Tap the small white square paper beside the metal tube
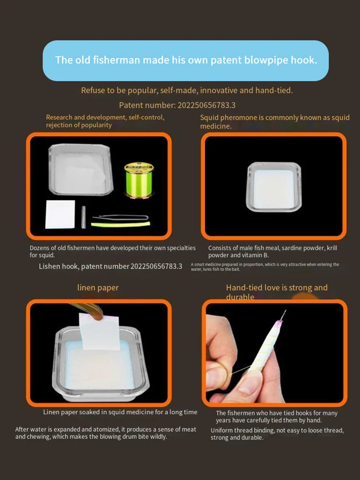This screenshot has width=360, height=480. [x=60, y=214]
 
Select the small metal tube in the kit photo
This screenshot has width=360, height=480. [x=83, y=217]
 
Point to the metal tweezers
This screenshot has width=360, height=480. [x=121, y=217]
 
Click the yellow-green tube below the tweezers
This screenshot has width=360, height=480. [x=121, y=225]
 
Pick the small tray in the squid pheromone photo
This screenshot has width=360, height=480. [x=274, y=187]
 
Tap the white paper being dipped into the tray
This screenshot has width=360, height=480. [x=99, y=332]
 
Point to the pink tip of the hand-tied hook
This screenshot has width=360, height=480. [x=279, y=323]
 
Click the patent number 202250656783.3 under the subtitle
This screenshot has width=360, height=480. [x=206, y=105]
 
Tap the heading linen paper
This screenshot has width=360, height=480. [x=98, y=288]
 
